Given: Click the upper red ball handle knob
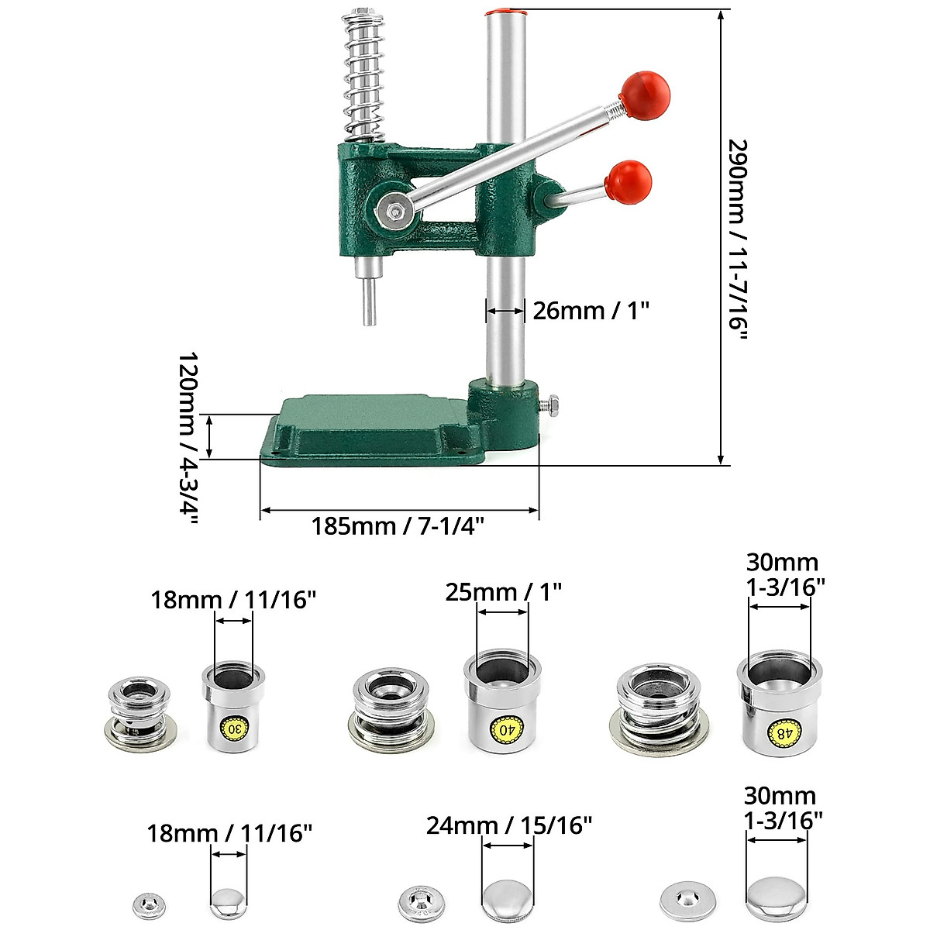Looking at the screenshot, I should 645,95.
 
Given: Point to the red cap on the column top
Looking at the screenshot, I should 505,12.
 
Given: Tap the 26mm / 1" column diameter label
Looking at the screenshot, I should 591,311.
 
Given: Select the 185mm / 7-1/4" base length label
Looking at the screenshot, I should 398,526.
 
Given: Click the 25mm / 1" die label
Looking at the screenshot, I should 503,592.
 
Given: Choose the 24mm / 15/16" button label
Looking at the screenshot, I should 509,825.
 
